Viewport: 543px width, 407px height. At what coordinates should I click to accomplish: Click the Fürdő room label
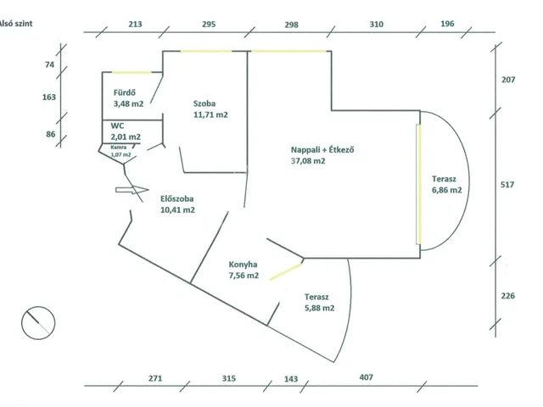coord(125,92)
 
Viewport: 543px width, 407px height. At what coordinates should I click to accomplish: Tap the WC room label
coord(117,126)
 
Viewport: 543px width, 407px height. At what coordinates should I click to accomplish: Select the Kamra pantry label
coord(119,147)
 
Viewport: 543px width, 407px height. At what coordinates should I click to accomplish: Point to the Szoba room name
coord(204,103)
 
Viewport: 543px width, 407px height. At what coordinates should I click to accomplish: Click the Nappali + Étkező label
coord(322,150)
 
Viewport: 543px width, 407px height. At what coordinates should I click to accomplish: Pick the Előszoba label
coord(177,199)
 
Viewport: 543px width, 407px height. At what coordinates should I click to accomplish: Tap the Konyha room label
coord(243,265)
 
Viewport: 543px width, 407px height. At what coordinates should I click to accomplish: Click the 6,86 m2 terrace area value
coord(447,190)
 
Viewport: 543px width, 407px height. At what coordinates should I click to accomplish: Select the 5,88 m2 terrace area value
coord(320,308)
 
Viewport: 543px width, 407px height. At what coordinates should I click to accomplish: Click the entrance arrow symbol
coord(132,190)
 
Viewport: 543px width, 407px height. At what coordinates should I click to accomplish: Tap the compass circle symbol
coord(38,323)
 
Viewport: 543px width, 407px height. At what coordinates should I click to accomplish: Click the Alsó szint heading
coord(16,24)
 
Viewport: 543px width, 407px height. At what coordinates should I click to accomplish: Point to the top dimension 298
coord(291,25)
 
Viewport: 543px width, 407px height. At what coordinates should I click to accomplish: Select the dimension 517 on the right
coord(507,185)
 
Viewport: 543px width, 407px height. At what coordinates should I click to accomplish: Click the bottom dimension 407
coord(366,377)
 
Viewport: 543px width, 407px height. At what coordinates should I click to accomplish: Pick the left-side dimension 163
coord(49,97)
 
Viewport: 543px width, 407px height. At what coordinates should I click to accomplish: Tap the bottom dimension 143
coord(291,379)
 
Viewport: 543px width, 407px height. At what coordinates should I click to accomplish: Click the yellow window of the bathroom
coord(132,73)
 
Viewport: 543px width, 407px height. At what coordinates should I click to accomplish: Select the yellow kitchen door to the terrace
coord(286,271)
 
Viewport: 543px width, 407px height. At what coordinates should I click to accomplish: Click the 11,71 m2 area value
coord(210,114)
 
